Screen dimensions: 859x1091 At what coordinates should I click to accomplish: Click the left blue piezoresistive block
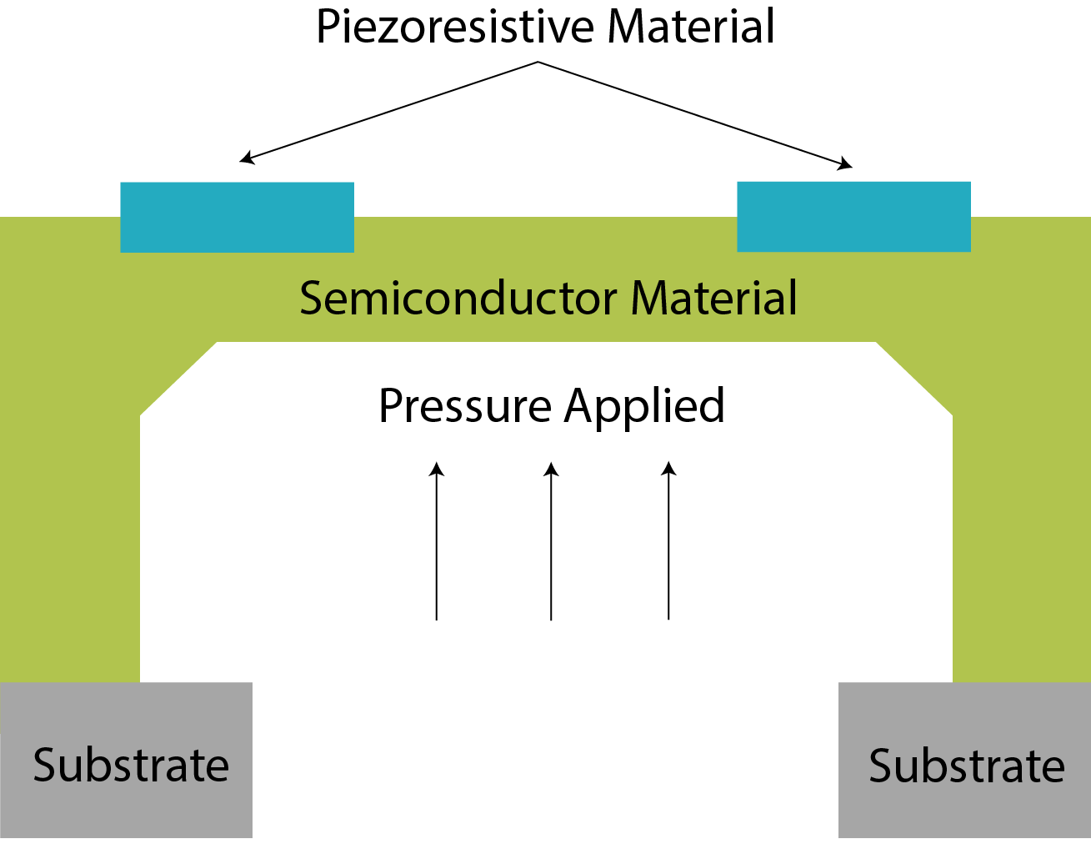click(x=237, y=217)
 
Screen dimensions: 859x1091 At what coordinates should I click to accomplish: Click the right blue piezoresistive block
click(x=853, y=216)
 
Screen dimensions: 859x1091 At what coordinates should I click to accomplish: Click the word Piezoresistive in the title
click(x=457, y=27)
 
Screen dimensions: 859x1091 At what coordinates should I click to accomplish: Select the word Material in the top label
click(x=691, y=27)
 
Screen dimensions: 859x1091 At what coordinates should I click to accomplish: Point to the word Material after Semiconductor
click(x=714, y=298)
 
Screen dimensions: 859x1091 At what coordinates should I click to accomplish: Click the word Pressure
click(x=464, y=406)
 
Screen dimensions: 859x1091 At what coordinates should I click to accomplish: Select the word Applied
click(x=644, y=406)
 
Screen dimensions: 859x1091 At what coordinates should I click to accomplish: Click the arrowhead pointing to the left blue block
click(x=246, y=158)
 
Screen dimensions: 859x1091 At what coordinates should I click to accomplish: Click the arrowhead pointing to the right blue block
click(x=846, y=164)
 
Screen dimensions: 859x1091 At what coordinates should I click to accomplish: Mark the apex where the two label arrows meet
click(x=538, y=62)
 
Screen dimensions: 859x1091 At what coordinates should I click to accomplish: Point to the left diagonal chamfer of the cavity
click(x=178, y=378)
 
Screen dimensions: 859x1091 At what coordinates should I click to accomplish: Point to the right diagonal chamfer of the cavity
click(x=914, y=378)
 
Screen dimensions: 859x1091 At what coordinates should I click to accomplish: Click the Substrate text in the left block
click(x=131, y=766)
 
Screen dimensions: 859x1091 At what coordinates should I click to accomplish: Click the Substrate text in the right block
click(x=967, y=766)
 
